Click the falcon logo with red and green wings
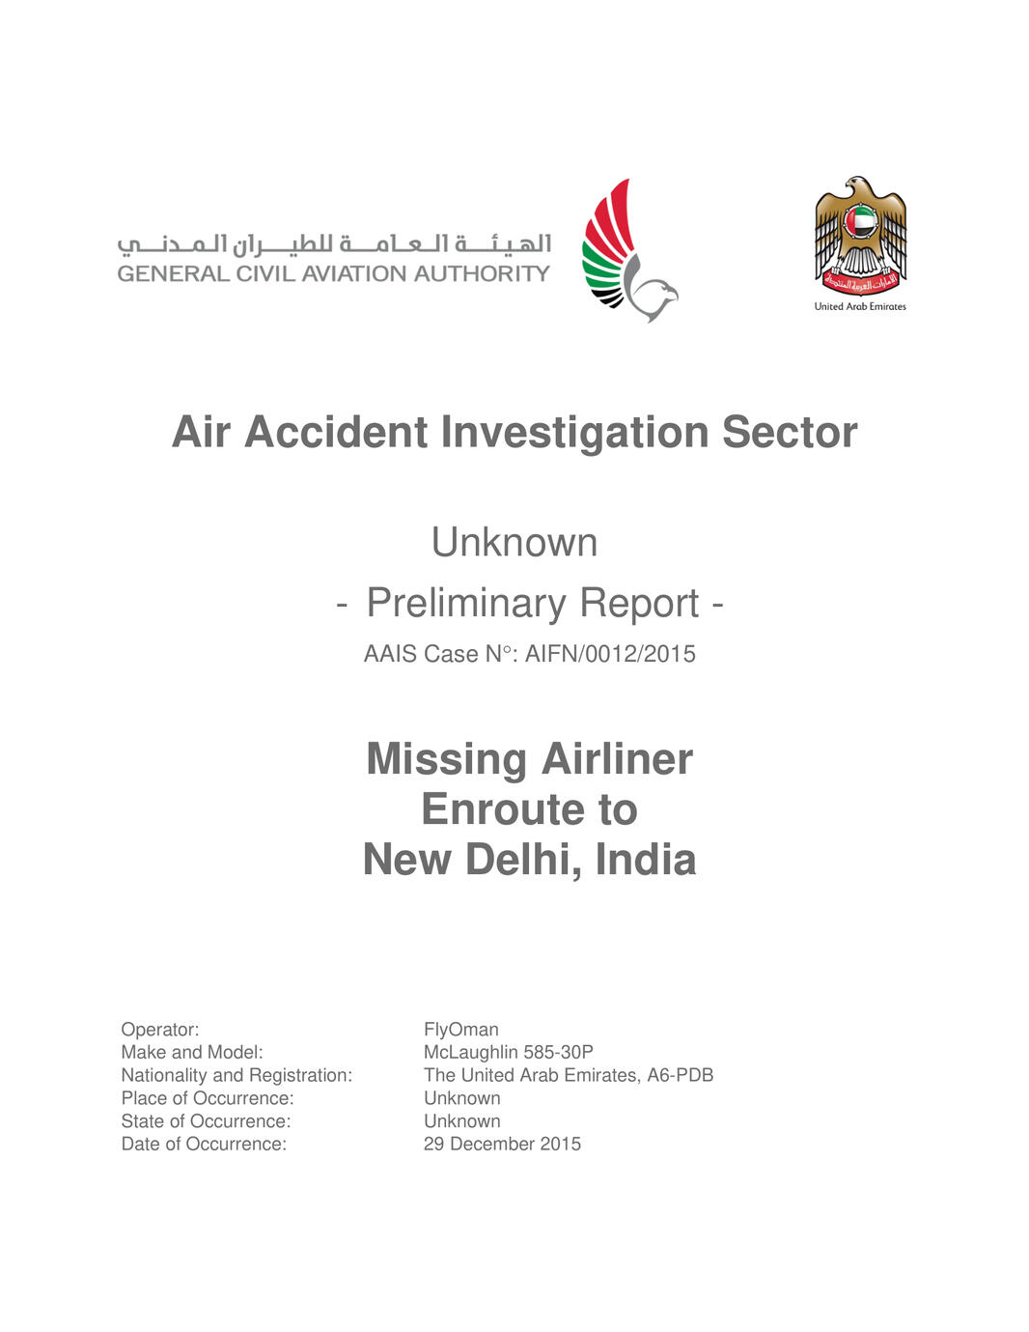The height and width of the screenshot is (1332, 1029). [627, 251]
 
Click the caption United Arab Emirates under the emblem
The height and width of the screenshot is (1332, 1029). [860, 306]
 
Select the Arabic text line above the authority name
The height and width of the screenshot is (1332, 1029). [334, 244]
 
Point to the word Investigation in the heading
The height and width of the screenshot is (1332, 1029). [574, 432]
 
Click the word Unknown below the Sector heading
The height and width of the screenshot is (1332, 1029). [514, 542]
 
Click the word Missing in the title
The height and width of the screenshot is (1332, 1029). [446, 759]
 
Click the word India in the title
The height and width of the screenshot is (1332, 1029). [645, 860]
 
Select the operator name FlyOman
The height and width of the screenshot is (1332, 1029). [461, 1030]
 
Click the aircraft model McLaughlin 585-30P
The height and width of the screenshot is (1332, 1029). [509, 1052]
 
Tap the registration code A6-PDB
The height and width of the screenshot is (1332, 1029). [681, 1075]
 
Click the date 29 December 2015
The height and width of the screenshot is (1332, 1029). [502, 1144]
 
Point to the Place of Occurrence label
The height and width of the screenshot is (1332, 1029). [208, 1098]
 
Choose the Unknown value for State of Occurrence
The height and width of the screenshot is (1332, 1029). [462, 1121]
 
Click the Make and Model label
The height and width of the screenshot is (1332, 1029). [192, 1052]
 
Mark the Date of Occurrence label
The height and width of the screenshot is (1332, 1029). [204, 1144]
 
